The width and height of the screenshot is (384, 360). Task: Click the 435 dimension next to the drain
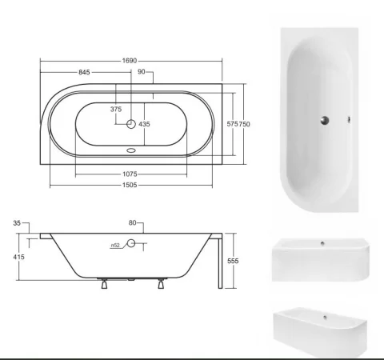[x=145, y=124]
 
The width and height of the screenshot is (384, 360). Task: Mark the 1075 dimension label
[x=130, y=174]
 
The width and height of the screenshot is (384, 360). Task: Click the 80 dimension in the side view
[x=132, y=224]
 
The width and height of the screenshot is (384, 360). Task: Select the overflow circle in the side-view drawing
[x=132, y=244]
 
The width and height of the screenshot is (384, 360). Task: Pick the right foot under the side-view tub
[x=162, y=282]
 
